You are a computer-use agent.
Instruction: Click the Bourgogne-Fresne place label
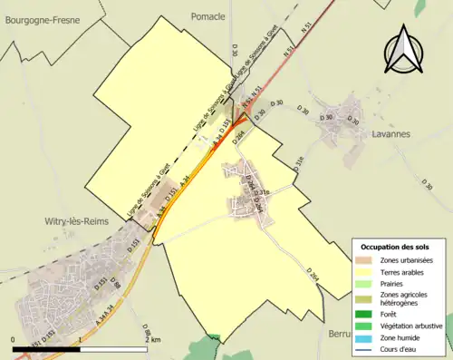tap(43, 19)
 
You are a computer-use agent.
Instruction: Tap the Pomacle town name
tap(209, 16)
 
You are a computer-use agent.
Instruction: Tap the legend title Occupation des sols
tap(394, 247)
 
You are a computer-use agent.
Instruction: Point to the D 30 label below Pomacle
tap(234, 53)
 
